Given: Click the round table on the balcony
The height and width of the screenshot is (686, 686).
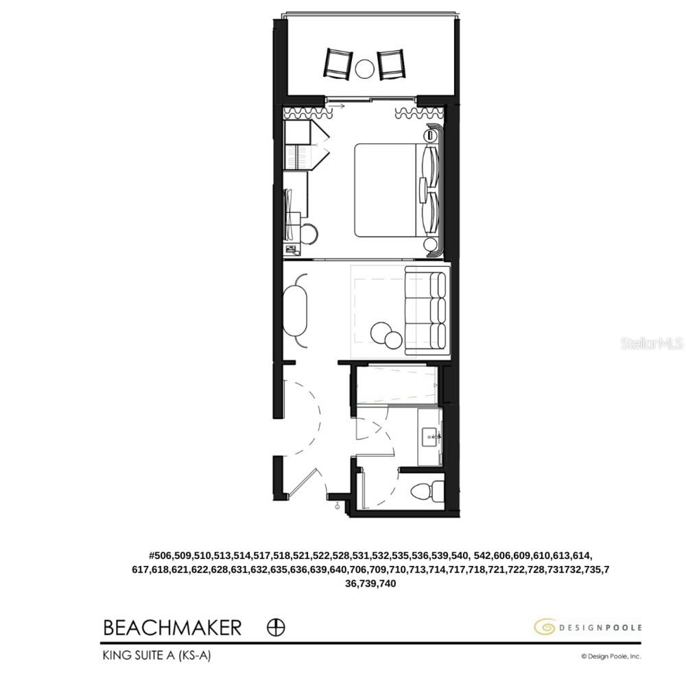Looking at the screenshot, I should pyautogui.click(x=365, y=68).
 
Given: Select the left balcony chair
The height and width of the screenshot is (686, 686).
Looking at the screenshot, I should pyautogui.click(x=338, y=64).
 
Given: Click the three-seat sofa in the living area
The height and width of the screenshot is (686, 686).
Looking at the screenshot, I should pyautogui.click(x=426, y=312).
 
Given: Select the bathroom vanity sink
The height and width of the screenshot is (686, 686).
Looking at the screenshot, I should pyautogui.click(x=431, y=435).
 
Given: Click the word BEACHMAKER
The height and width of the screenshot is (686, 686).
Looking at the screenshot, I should pyautogui.click(x=172, y=627).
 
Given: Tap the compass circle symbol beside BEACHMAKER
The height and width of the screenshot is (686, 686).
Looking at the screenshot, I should pyautogui.click(x=276, y=627).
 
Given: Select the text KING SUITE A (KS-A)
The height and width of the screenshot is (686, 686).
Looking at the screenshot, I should pyautogui.click(x=157, y=655).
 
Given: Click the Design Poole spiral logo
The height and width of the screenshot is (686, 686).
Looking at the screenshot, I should pyautogui.click(x=545, y=626).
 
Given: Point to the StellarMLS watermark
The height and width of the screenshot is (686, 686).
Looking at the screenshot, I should pyautogui.click(x=652, y=343).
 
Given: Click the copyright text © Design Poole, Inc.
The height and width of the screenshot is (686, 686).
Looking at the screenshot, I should pyautogui.click(x=611, y=657).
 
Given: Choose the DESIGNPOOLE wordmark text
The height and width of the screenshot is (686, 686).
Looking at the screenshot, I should pyautogui.click(x=600, y=627).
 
